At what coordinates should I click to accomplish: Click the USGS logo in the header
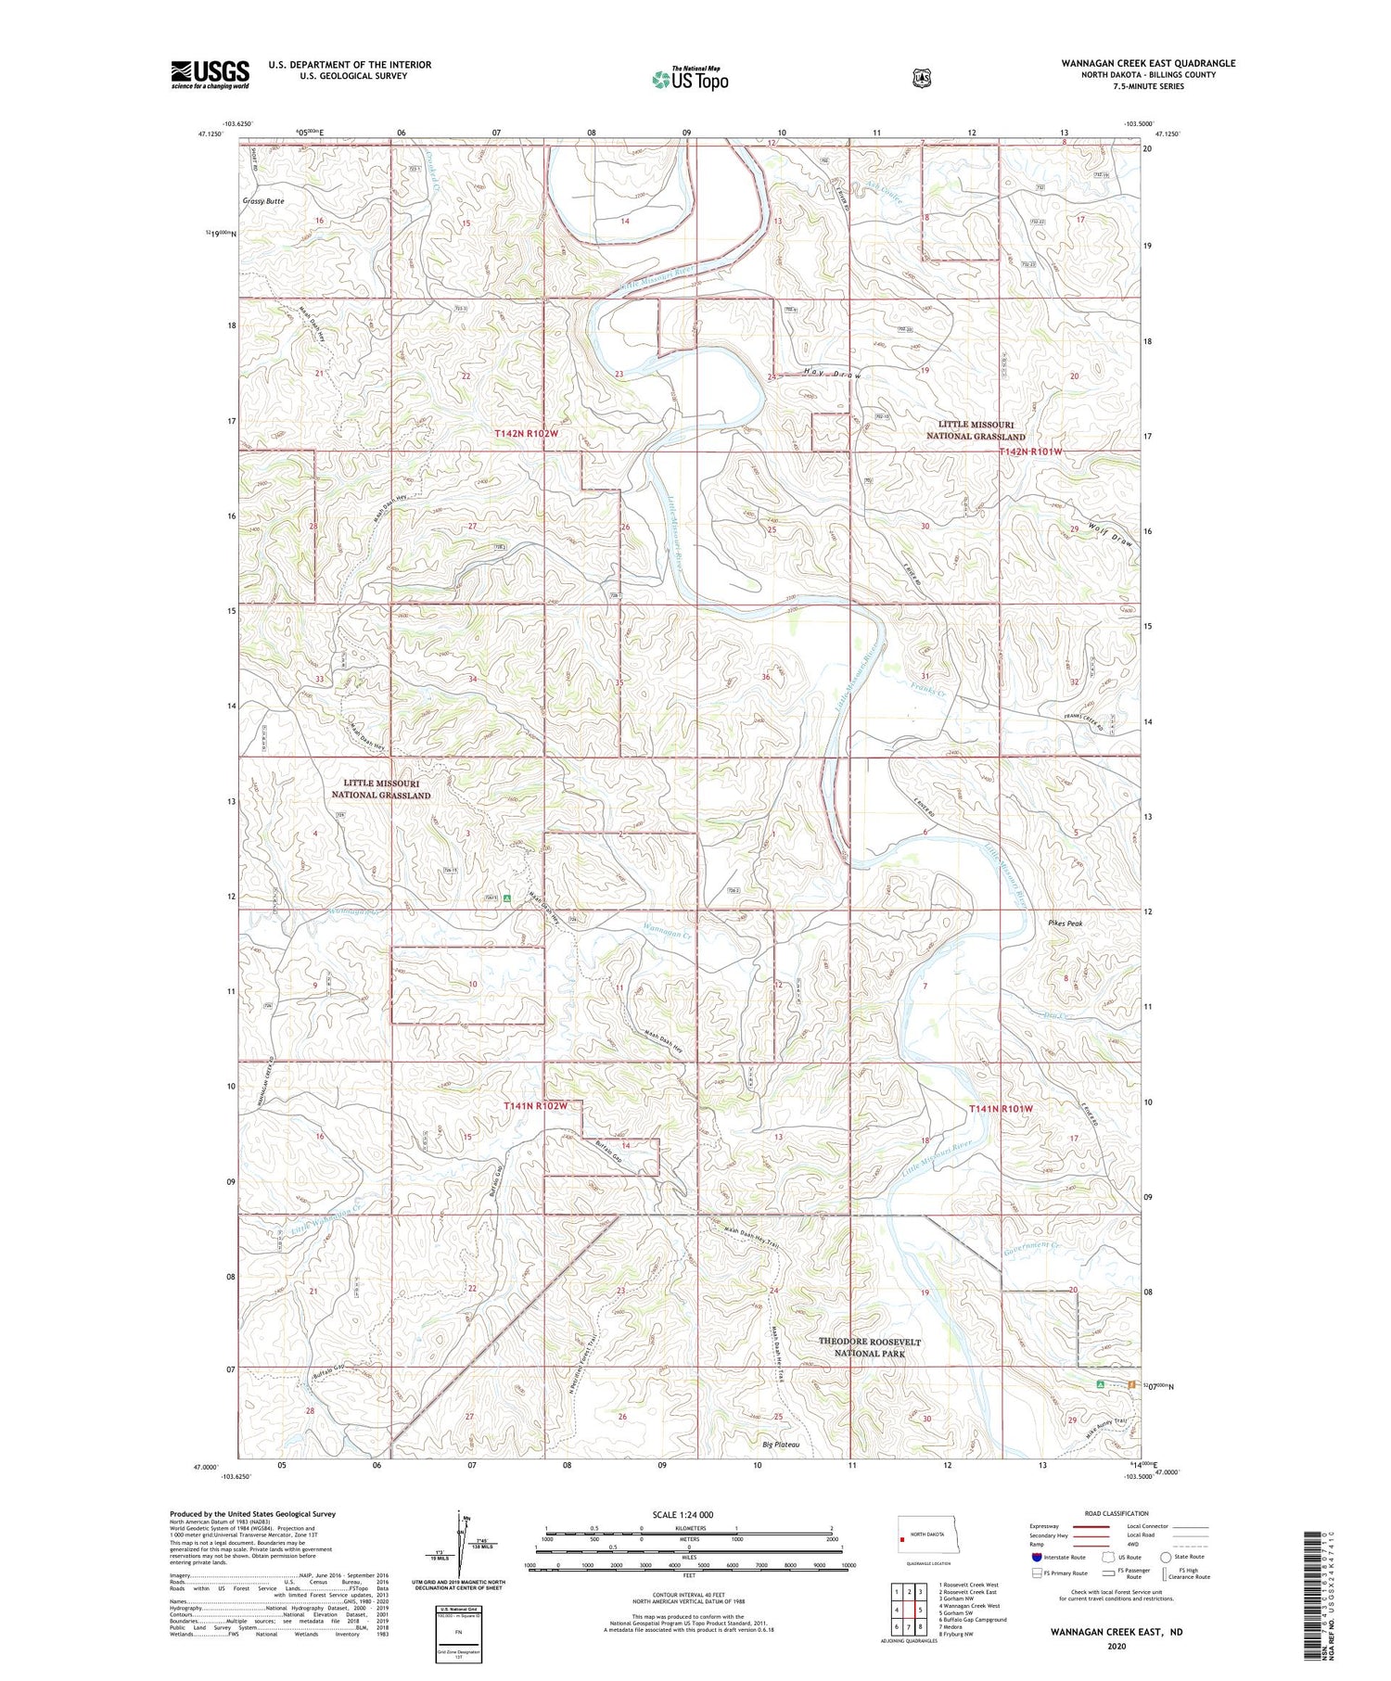tap(211, 74)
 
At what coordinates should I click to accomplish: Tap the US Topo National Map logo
tap(691, 79)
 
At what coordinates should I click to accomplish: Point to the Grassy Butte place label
tap(263, 200)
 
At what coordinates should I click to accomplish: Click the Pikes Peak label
tap(1066, 923)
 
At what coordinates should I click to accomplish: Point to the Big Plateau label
tap(781, 1445)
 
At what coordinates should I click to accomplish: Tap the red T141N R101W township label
tap(1001, 1109)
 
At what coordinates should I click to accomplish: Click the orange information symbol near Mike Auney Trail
tap(1132, 1384)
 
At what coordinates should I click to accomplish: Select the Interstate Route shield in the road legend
tap(1037, 1557)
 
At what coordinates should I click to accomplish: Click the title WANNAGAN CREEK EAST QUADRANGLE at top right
tap(1148, 63)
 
